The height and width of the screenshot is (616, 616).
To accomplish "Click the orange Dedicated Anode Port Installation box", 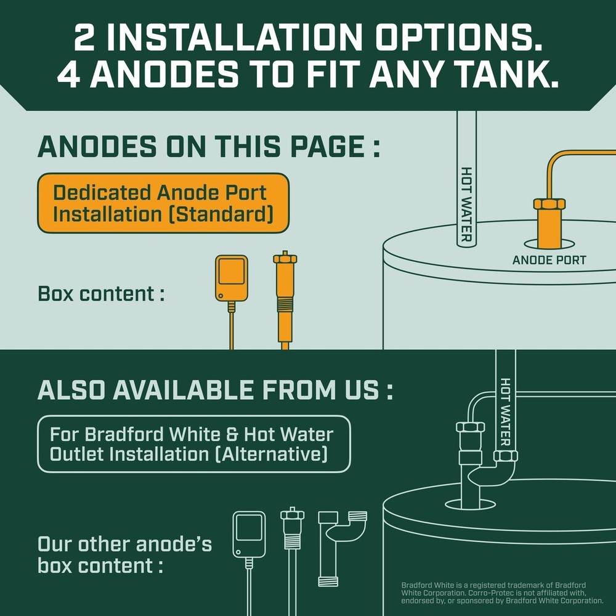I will [x=163, y=203].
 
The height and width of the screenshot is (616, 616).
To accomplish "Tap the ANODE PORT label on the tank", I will [x=549, y=260].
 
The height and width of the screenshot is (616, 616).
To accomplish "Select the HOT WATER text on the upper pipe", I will [x=466, y=203].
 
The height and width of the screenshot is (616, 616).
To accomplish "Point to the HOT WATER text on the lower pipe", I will [x=506, y=403].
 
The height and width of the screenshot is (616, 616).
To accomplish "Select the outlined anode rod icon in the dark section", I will [x=293, y=542].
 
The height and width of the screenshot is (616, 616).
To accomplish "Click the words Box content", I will [x=101, y=293].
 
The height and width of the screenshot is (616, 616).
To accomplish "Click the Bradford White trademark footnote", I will [x=502, y=593].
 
